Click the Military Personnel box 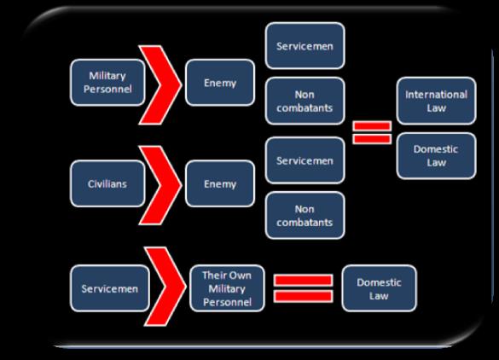pyautogui.click(x=107, y=83)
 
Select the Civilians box pyautogui.click(x=107, y=183)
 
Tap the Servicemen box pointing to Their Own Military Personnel pyautogui.click(x=110, y=288)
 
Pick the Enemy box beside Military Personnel pyautogui.click(x=220, y=83)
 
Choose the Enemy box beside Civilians pyautogui.click(x=220, y=183)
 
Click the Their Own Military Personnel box pyautogui.click(x=227, y=288)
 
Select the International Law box pyautogui.click(x=437, y=101)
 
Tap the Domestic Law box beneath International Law pyautogui.click(x=437, y=156)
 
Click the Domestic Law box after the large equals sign pyautogui.click(x=379, y=288)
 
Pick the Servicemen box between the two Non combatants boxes pyautogui.click(x=305, y=160)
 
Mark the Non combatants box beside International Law pyautogui.click(x=305, y=101)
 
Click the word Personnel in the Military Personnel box pyautogui.click(x=107, y=89)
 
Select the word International pyautogui.click(x=437, y=95)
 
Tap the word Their pyautogui.click(x=214, y=276)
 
